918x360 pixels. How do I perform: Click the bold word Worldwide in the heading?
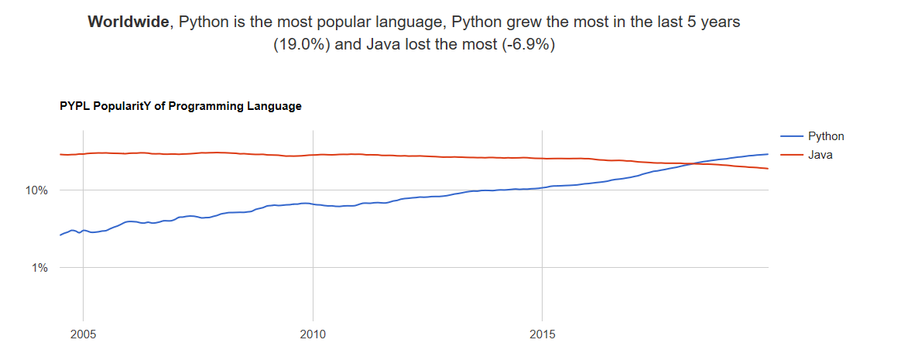click(127, 22)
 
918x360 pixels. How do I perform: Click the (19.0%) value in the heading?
click(303, 45)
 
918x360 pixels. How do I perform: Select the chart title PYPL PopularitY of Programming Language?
click(180, 106)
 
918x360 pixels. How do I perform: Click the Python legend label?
click(826, 136)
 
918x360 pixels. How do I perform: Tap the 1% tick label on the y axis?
click(39, 268)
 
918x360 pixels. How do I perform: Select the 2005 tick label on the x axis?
click(83, 335)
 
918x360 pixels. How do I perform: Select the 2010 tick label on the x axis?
click(313, 335)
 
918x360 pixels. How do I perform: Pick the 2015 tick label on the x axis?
click(542, 335)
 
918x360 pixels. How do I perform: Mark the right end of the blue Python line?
click(768, 154)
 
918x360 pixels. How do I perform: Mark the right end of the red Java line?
click(768, 169)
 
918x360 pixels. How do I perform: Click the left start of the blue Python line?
click(60, 235)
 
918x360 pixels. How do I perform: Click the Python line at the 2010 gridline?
click(313, 204)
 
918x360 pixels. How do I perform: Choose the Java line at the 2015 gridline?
click(542, 159)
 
